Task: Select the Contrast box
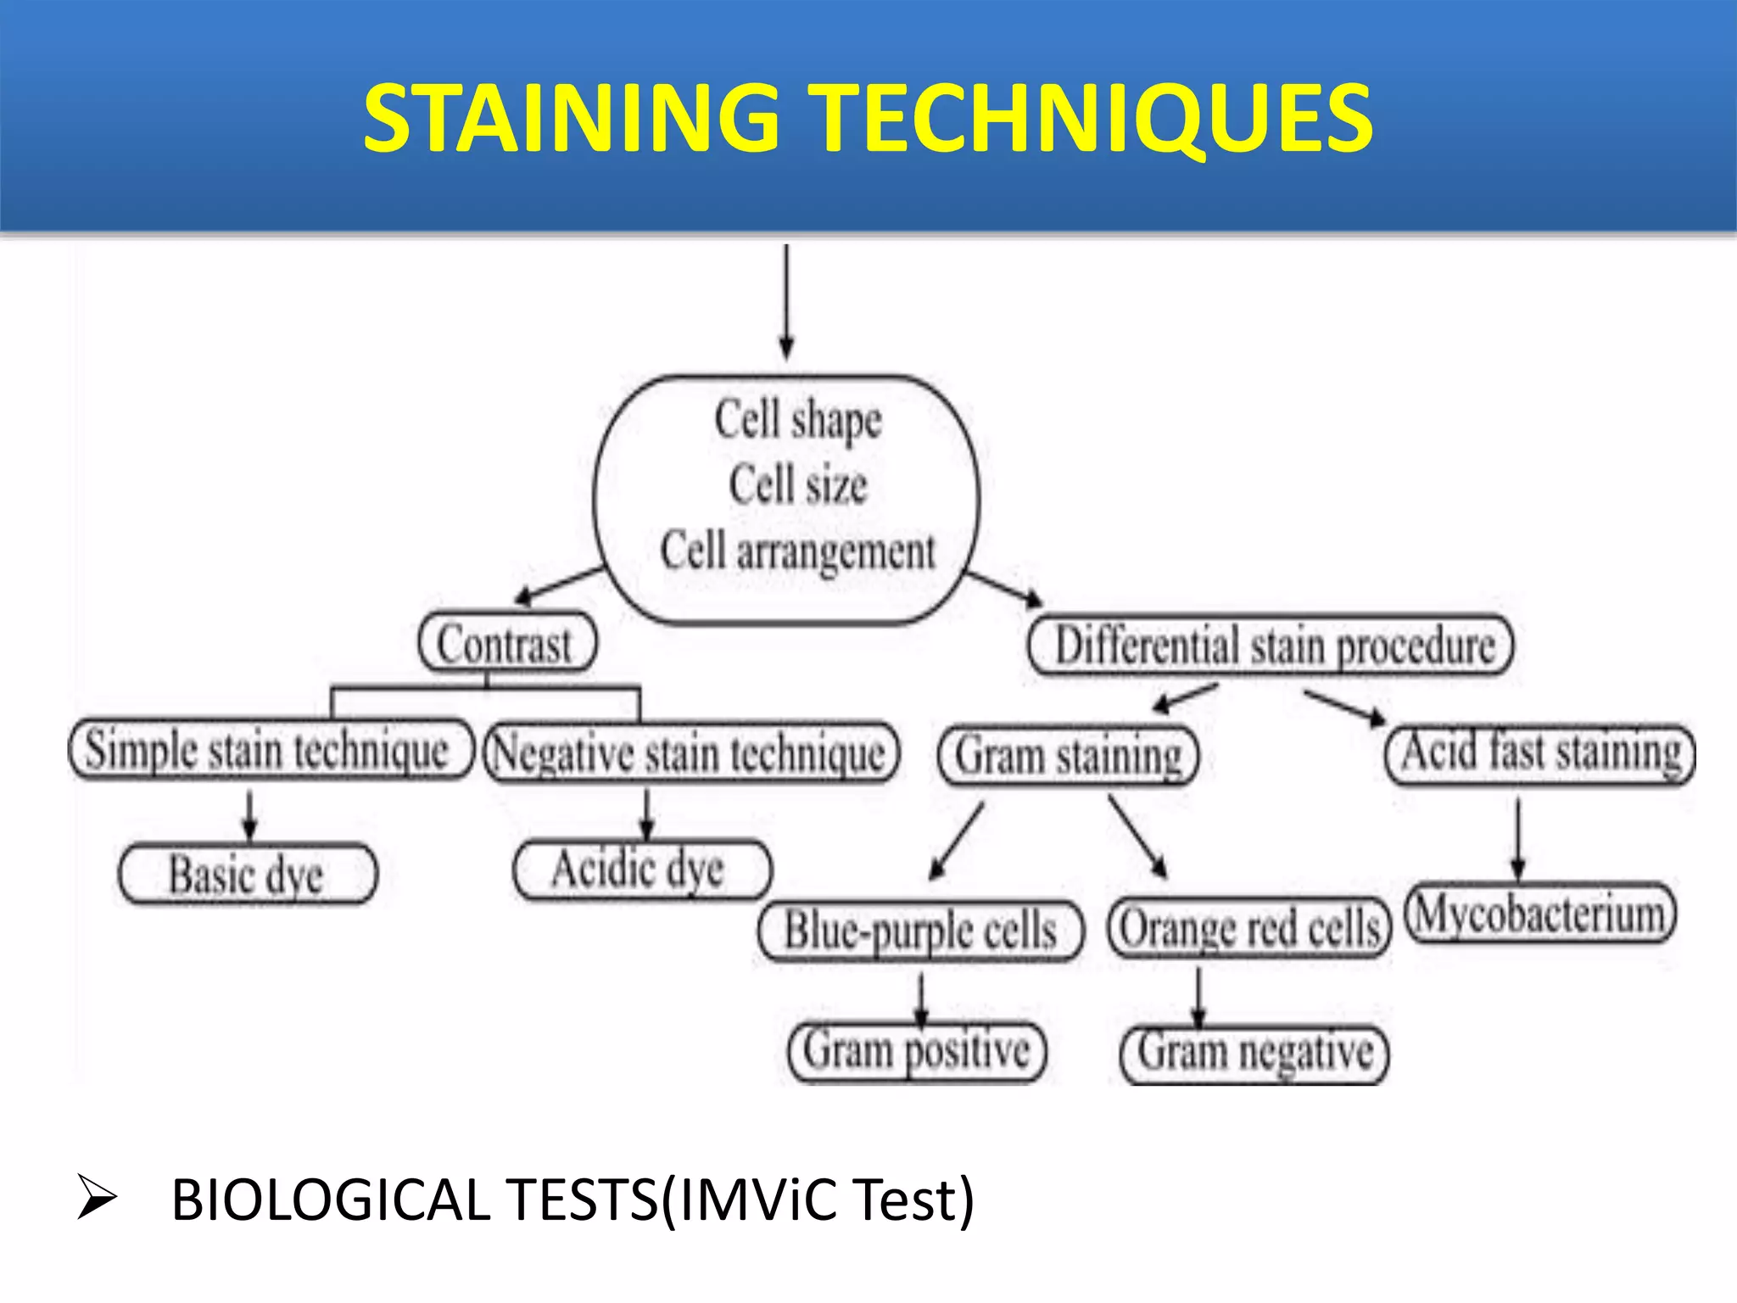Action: click(507, 643)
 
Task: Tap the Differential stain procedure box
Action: click(1270, 646)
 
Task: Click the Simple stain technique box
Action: click(270, 750)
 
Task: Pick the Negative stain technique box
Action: click(690, 753)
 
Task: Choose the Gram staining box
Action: click(1068, 755)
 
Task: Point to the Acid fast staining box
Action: click(1539, 753)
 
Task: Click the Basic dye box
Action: click(247, 874)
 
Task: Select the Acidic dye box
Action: click(642, 870)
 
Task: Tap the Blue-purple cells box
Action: click(921, 931)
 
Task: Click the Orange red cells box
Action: click(1249, 928)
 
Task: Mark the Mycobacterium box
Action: click(1540, 914)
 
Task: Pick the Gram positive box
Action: click(917, 1051)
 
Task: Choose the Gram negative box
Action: click(1254, 1054)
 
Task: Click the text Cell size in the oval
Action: click(797, 484)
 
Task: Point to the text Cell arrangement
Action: click(797, 551)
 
